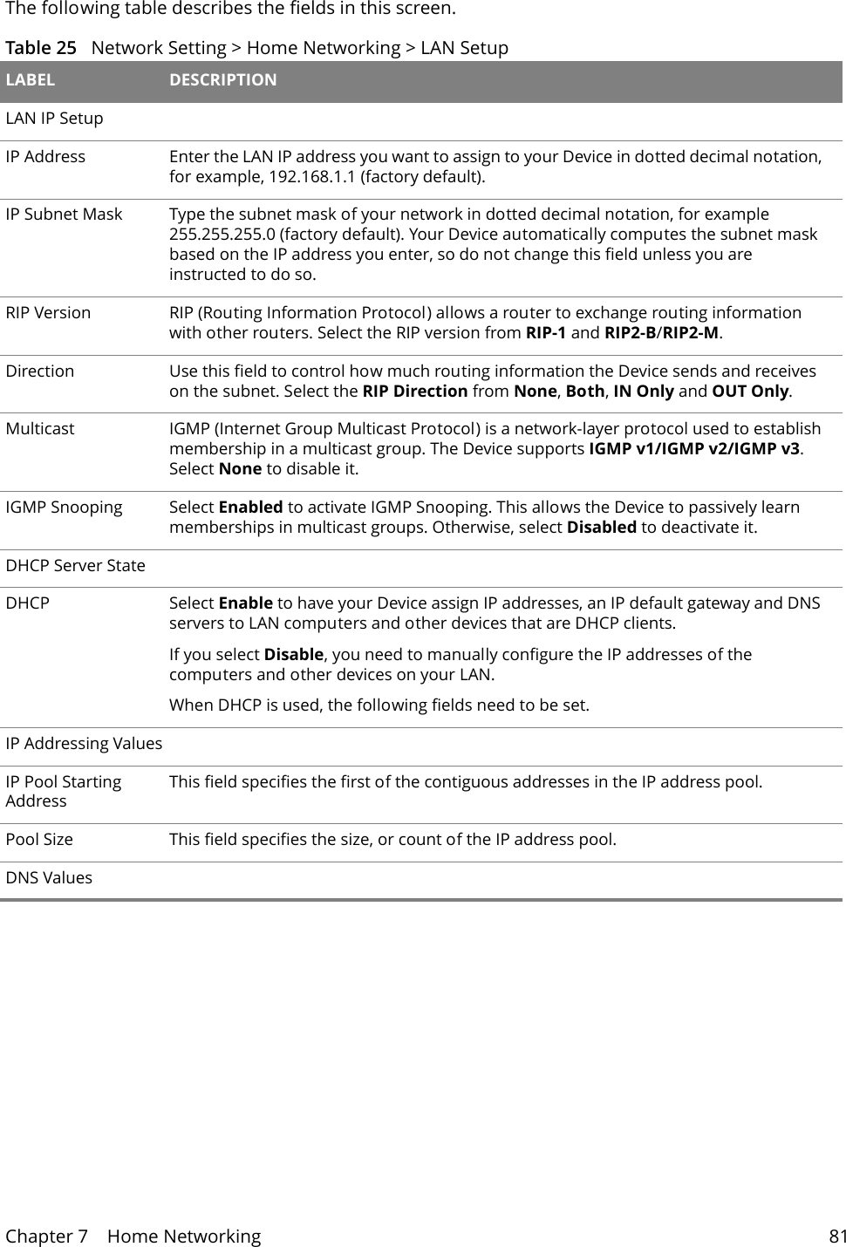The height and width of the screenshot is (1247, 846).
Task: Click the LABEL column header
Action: [x=31, y=80]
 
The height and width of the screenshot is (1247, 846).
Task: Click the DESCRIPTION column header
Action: [x=222, y=80]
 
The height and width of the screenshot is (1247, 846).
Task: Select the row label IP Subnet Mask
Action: [x=64, y=215]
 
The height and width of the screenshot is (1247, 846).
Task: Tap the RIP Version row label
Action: [x=48, y=313]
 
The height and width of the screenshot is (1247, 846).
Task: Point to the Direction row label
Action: [x=40, y=371]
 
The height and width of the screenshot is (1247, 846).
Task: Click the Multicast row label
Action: [x=40, y=429]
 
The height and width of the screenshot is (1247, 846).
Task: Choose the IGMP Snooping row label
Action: [x=64, y=508]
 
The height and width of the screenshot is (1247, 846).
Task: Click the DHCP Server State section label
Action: [x=76, y=566]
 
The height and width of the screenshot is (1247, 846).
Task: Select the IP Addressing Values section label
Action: [x=84, y=744]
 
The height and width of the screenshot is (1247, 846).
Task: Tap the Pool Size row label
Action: [x=39, y=840]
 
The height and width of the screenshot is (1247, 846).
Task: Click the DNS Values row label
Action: [x=49, y=878]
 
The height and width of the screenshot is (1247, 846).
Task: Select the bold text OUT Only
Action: [x=750, y=391]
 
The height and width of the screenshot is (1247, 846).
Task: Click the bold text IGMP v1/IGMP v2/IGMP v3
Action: [x=695, y=449]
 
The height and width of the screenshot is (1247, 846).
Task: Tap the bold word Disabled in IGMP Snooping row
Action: [x=601, y=528]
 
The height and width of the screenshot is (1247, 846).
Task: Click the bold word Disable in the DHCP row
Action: [x=293, y=655]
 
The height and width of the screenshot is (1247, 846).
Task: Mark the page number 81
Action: [x=837, y=1237]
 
